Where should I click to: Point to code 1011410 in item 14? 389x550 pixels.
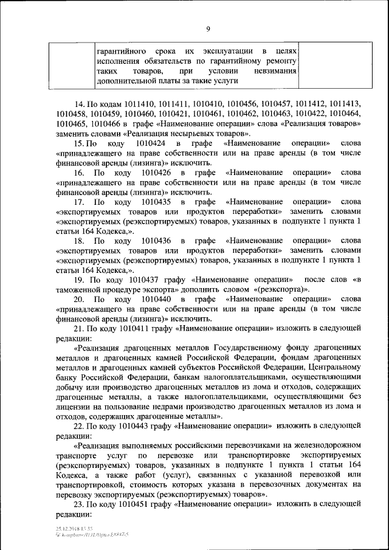[x=141, y=103]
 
